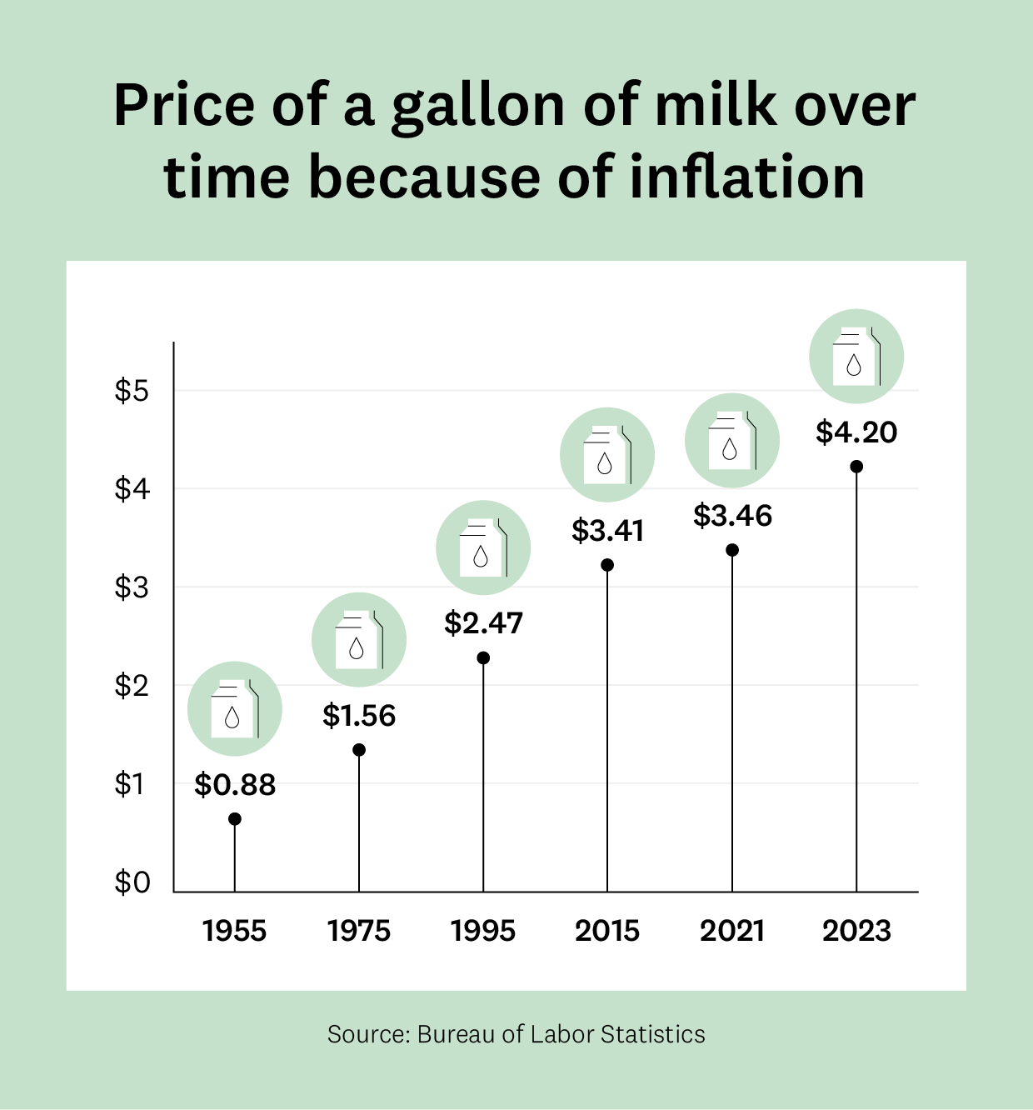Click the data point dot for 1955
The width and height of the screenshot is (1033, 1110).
tap(235, 819)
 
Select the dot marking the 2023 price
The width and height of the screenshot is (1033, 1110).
tap(856, 467)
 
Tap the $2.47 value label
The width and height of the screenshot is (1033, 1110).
tap(483, 623)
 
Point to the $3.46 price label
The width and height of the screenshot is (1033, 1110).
tap(732, 517)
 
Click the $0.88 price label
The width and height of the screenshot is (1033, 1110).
tap(235, 785)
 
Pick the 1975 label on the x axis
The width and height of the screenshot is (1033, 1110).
tap(359, 931)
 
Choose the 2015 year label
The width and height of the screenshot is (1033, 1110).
tap(607, 931)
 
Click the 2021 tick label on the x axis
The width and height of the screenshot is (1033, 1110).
tap(732, 931)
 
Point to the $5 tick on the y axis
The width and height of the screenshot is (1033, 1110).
tap(132, 391)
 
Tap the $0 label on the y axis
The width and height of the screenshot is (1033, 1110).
tap(132, 882)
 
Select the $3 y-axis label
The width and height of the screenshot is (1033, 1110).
tap(132, 587)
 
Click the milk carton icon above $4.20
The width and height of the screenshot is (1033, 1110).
tap(856, 357)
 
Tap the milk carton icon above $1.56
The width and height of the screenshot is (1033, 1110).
tap(359, 640)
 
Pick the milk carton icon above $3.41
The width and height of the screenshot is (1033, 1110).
tap(607, 455)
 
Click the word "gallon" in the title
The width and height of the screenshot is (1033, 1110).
tap(478, 107)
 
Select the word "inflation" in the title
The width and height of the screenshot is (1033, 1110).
tap(747, 177)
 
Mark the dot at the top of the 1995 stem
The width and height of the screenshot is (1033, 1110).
tap(483, 658)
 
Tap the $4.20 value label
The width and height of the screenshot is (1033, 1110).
tap(856, 432)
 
